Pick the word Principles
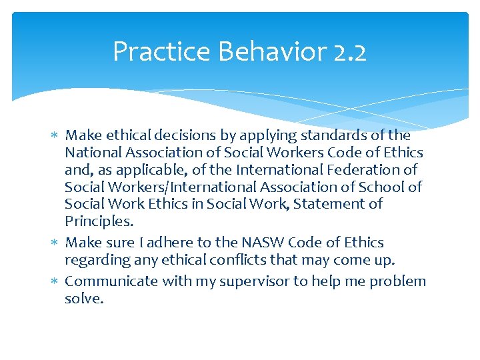click(99, 221)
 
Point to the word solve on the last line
click(84, 299)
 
